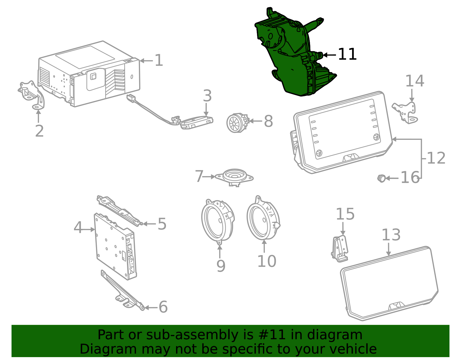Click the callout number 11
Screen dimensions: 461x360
click(x=347, y=54)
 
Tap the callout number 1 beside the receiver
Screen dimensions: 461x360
click(x=159, y=60)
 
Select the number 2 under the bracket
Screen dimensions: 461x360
click(x=39, y=131)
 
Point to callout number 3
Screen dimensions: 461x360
click(x=207, y=96)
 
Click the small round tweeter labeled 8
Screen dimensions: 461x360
click(x=238, y=123)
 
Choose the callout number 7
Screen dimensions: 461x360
click(x=199, y=176)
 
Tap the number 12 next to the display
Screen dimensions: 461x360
click(x=436, y=158)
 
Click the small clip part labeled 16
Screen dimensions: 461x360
click(x=381, y=178)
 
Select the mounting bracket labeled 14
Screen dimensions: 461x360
click(x=405, y=113)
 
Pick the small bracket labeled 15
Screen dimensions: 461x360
click(x=340, y=248)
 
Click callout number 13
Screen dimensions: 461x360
click(x=391, y=235)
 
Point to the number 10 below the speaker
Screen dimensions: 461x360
click(x=267, y=261)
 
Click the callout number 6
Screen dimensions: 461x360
click(x=163, y=307)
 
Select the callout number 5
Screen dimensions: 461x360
click(x=162, y=224)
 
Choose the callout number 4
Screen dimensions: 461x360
click(x=78, y=227)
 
